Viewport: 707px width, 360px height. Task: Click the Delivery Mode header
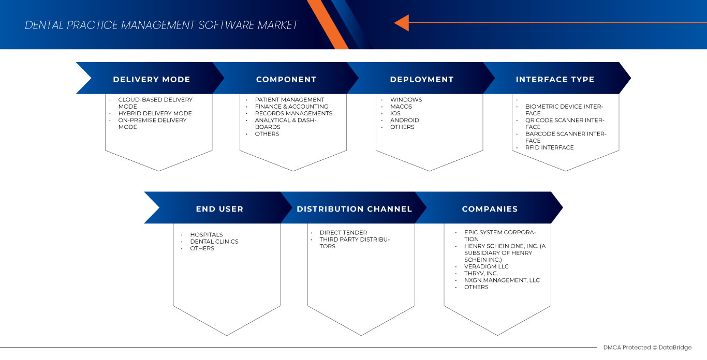(x=151, y=79)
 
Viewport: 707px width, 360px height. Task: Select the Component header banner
(x=286, y=79)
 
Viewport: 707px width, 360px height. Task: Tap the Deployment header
(x=421, y=79)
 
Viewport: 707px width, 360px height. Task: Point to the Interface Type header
(x=555, y=79)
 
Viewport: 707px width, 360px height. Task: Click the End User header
(x=219, y=209)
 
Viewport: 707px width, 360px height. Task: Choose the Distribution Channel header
(x=354, y=209)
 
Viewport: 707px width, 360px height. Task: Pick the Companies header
(x=490, y=209)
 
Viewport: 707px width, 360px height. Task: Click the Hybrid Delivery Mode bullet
(x=155, y=113)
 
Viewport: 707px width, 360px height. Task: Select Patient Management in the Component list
(x=289, y=100)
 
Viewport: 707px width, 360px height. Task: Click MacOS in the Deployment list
(x=401, y=107)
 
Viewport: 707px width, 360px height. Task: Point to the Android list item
(x=404, y=120)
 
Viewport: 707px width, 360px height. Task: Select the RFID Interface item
(x=549, y=147)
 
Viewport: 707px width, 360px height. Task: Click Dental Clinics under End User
(x=214, y=242)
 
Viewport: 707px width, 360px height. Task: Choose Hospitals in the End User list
(x=206, y=235)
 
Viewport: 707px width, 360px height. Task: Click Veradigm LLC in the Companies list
(x=486, y=266)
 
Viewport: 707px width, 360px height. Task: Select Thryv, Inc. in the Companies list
(x=481, y=273)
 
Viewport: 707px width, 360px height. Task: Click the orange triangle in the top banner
(x=402, y=23)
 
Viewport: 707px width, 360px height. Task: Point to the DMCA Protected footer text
(x=647, y=348)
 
